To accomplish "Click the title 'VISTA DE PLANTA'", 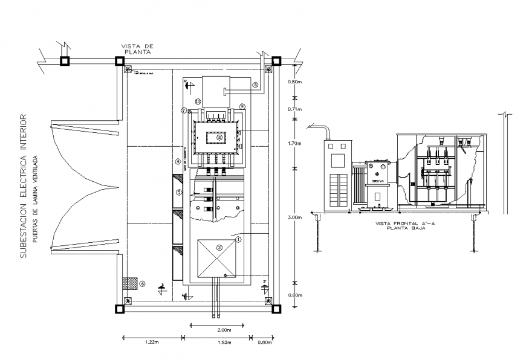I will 137,49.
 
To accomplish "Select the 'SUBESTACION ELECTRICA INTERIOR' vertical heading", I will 24,185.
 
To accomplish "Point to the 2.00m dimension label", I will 223,330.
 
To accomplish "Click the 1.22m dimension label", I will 152,343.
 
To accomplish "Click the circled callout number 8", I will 255,86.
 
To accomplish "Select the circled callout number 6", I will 143,283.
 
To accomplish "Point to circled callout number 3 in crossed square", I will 219,247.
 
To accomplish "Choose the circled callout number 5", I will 179,192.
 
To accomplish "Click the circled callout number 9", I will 241,106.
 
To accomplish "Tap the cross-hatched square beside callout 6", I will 128,282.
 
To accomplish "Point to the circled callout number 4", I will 178,161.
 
